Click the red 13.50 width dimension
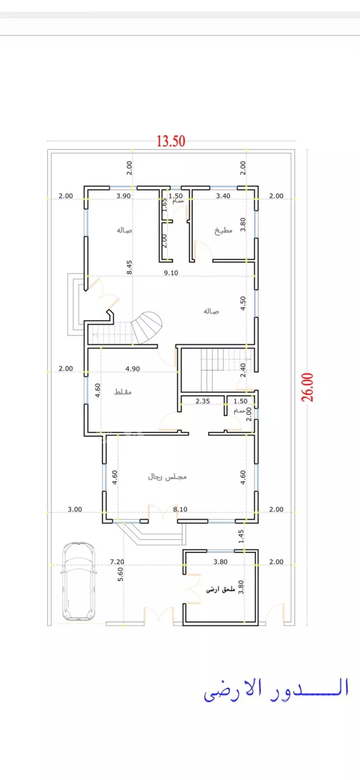171,141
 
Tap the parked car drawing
78,581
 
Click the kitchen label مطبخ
223,230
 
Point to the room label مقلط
123,392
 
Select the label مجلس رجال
167,476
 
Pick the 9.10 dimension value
171,272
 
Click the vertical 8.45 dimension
129,267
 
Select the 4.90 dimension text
133,368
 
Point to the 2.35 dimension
203,401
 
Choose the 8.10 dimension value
180,509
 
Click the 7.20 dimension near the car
117,561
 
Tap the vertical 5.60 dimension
120,574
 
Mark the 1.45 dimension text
241,536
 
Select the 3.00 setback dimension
74,509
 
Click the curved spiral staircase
147,327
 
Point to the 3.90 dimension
123,196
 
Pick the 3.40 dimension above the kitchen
223,196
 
